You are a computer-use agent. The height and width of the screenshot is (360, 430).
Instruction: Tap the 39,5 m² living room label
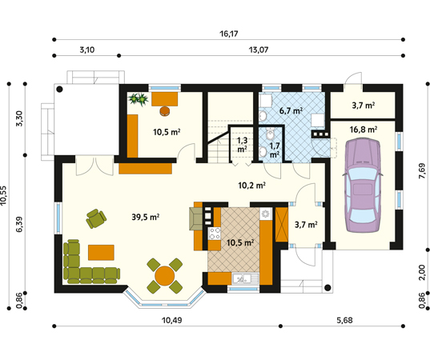[146, 217]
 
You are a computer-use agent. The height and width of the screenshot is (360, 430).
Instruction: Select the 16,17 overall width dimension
[229, 34]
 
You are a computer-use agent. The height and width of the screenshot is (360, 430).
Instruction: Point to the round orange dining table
[164, 276]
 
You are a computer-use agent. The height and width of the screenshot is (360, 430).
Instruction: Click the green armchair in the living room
[96, 218]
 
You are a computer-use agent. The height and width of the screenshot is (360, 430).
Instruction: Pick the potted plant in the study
[139, 99]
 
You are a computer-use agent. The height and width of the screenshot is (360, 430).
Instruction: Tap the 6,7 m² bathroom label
[291, 110]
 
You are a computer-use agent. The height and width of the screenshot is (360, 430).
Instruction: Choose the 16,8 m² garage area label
[364, 130]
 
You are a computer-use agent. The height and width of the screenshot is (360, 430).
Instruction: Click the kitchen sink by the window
[245, 278]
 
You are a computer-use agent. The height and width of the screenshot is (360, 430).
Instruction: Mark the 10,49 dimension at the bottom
[172, 320]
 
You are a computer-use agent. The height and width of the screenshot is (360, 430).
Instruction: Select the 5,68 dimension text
[344, 320]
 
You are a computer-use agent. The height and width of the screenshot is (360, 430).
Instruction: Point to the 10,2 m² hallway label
[251, 186]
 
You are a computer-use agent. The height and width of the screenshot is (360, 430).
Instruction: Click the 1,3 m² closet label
[242, 145]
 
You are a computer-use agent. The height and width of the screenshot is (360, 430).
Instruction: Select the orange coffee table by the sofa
[101, 252]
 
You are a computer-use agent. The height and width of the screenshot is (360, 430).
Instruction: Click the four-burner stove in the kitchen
[215, 234]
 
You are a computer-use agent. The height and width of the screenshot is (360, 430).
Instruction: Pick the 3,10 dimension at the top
[87, 50]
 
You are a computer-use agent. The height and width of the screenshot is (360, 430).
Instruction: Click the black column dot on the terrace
[59, 89]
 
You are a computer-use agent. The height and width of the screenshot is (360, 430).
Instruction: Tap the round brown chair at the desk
[164, 111]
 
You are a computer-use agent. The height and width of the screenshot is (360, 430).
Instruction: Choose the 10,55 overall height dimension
[3, 195]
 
